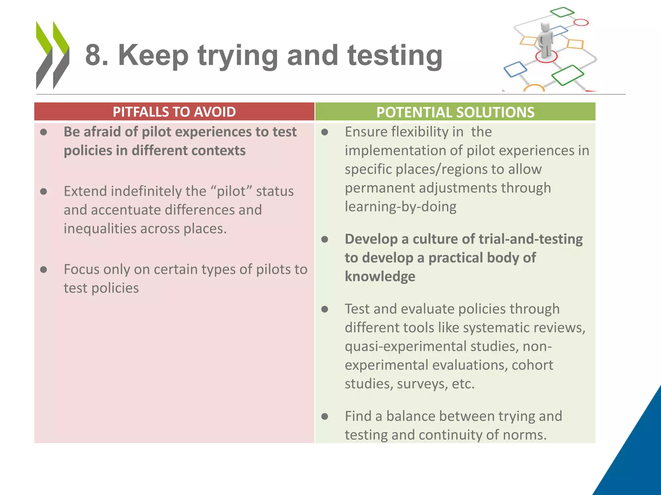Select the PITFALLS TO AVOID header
coord(174,112)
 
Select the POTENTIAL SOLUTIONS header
coord(455,112)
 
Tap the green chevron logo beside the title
coord(52,55)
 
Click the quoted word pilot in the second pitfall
coord(231,191)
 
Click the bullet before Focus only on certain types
coord(44,269)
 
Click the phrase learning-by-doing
coord(401,207)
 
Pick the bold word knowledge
coord(380,277)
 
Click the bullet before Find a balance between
coord(325,416)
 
